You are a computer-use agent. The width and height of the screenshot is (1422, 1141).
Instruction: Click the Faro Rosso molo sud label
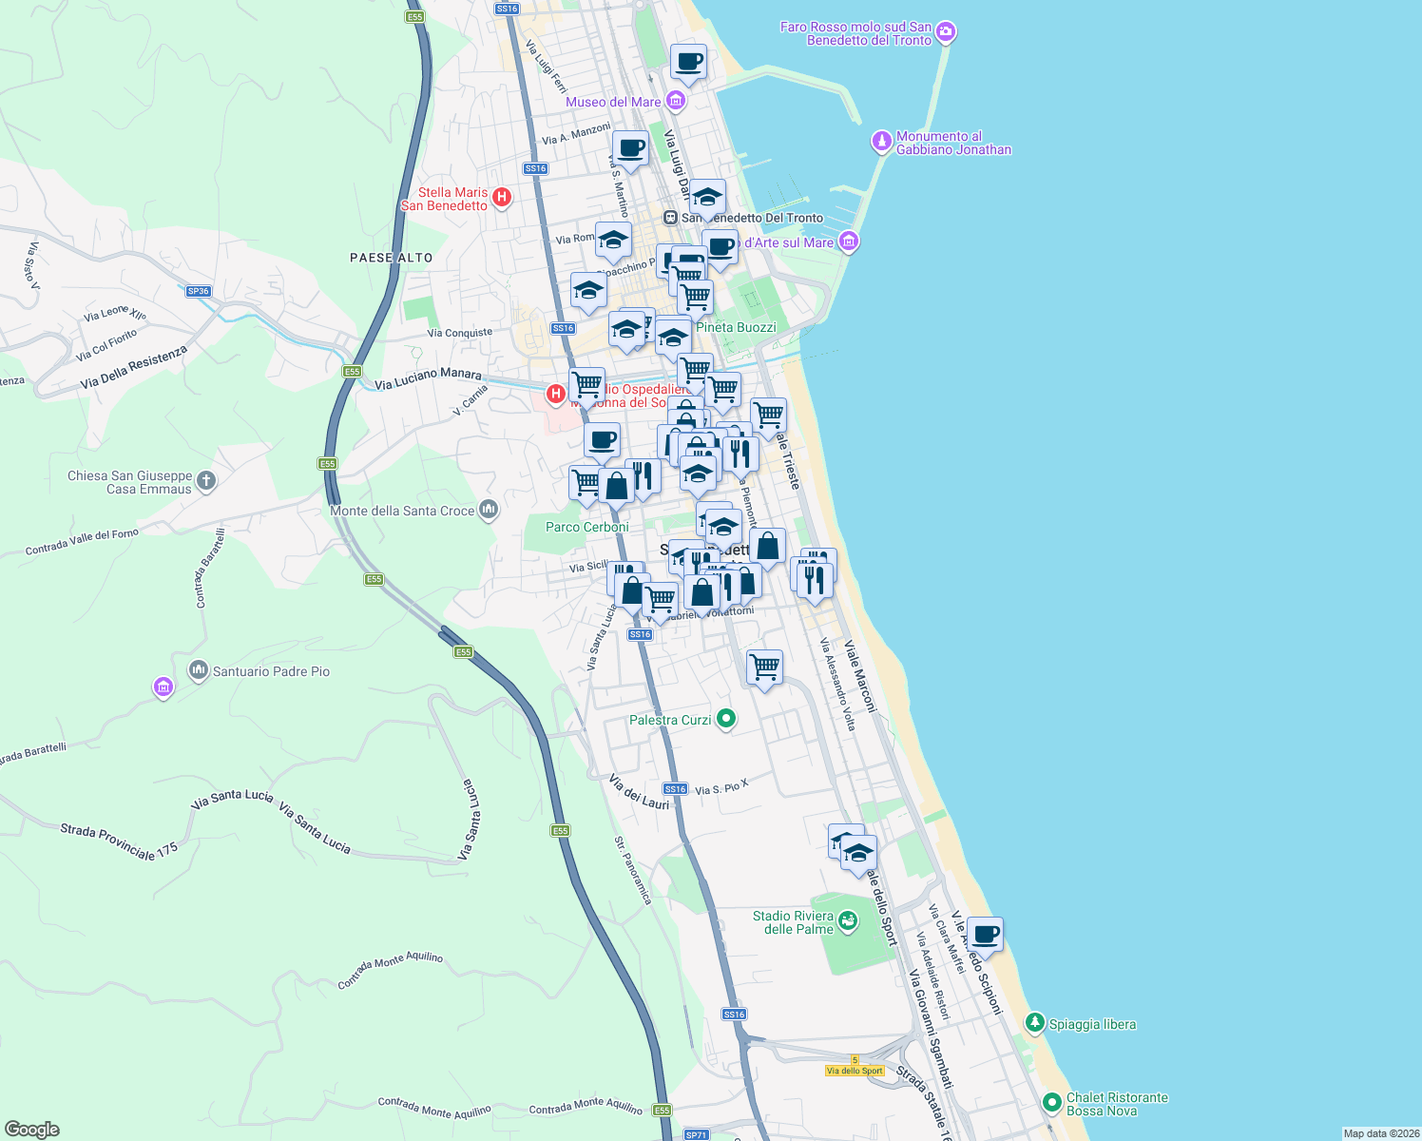point(855,33)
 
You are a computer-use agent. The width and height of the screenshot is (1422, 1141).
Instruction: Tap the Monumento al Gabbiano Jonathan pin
point(882,143)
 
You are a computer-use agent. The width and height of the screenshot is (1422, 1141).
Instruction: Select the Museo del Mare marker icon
point(675,100)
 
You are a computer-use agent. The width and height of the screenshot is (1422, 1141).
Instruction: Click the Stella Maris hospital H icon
point(502,198)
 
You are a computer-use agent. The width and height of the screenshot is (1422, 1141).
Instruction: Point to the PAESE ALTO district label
point(391,258)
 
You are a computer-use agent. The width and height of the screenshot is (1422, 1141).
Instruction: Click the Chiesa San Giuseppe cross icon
point(206,481)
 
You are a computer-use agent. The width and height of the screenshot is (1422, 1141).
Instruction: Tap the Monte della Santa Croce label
point(402,511)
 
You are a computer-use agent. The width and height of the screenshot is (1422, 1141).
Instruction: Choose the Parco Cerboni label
point(586,527)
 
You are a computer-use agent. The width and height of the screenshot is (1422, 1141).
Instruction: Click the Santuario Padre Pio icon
point(199,670)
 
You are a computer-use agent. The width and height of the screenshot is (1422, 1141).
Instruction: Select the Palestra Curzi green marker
point(726,719)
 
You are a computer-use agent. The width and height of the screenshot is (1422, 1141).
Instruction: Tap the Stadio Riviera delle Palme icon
point(848,920)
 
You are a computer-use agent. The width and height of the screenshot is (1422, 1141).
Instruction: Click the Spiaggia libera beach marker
point(1034,1023)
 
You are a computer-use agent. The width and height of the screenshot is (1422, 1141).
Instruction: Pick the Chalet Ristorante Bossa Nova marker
point(1051,1103)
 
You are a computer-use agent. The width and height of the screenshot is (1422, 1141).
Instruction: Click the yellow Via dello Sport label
point(855,1071)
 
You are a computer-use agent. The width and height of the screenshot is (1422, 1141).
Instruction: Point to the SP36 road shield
point(198,291)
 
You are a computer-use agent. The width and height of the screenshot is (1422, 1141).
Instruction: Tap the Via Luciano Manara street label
point(428,378)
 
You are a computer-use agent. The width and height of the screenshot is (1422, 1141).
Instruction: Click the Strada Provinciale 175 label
point(119,841)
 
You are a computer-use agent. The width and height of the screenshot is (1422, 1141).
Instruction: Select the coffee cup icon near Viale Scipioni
point(985,935)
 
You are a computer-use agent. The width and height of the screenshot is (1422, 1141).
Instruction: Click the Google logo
point(31,1130)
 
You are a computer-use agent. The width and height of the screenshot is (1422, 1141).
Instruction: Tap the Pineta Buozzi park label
point(736,327)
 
